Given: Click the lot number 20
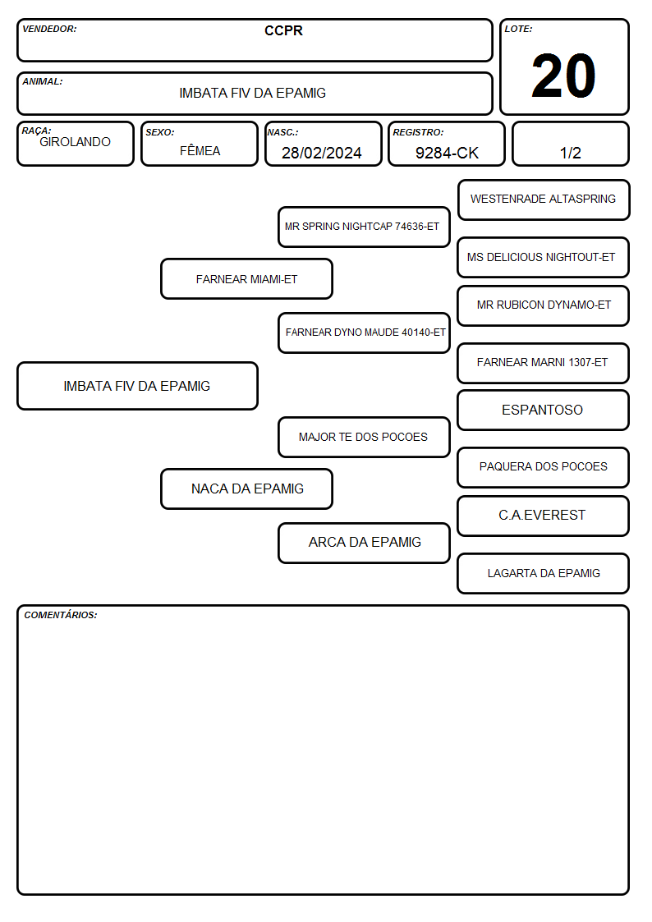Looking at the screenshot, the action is pyautogui.click(x=563, y=76).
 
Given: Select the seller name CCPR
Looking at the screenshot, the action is pyautogui.click(x=283, y=30).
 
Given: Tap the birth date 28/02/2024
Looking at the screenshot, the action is pyautogui.click(x=322, y=153).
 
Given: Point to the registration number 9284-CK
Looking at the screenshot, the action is pyautogui.click(x=447, y=153).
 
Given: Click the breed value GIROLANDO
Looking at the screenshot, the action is pyautogui.click(x=75, y=142).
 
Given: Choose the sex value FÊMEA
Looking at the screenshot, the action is pyautogui.click(x=200, y=150).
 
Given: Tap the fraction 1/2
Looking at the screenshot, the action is pyautogui.click(x=570, y=153).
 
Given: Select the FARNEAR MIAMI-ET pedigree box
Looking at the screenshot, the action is pyautogui.click(x=247, y=278).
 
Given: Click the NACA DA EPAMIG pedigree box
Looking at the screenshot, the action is pyautogui.click(x=247, y=489).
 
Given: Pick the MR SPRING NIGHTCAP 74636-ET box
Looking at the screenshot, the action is pyautogui.click(x=364, y=227).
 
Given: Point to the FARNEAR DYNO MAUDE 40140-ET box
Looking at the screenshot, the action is pyautogui.click(x=364, y=333).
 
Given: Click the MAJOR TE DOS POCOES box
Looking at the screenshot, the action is pyautogui.click(x=364, y=437).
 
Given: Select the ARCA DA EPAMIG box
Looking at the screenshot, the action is pyautogui.click(x=364, y=543).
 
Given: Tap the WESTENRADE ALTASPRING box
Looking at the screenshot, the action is pyautogui.click(x=544, y=200).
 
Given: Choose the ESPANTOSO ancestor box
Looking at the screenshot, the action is pyautogui.click(x=544, y=410).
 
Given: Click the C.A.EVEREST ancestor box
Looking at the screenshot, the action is pyautogui.click(x=544, y=516).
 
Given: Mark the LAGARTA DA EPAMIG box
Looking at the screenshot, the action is pyautogui.click(x=544, y=573).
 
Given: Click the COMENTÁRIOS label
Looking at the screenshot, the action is pyautogui.click(x=61, y=615).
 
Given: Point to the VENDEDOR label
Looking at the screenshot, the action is pyautogui.click(x=49, y=29).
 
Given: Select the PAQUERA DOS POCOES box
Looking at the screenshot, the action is pyautogui.click(x=544, y=467).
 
